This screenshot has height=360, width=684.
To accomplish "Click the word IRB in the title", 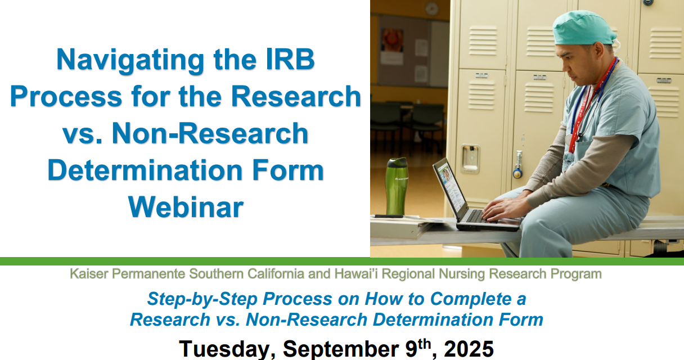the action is click(x=290, y=59).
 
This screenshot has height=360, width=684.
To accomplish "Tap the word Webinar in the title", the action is click(x=186, y=207).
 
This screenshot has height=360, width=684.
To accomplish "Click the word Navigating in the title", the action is click(x=130, y=60).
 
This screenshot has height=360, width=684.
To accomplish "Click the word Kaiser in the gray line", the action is click(x=89, y=273).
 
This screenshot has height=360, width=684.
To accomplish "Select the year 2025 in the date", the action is click(x=469, y=348).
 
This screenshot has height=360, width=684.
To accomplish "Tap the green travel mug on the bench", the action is click(x=396, y=186).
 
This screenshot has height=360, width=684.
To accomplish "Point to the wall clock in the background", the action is click(x=431, y=8).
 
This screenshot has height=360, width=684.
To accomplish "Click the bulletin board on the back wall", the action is click(x=404, y=51).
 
